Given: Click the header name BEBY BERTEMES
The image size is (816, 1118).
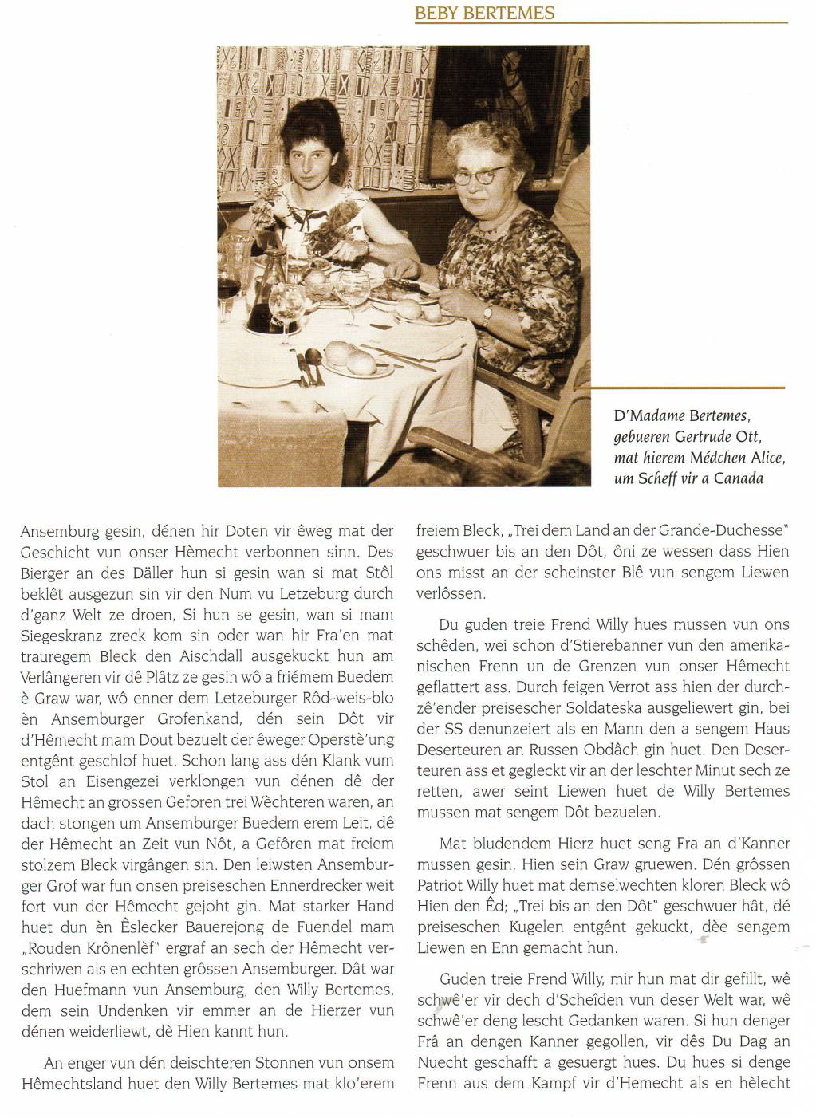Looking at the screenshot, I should [484, 14].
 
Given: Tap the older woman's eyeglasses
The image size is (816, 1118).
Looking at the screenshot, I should [479, 174].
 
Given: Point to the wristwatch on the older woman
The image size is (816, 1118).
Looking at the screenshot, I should [489, 313].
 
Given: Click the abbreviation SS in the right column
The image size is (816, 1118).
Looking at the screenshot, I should [427, 728].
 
